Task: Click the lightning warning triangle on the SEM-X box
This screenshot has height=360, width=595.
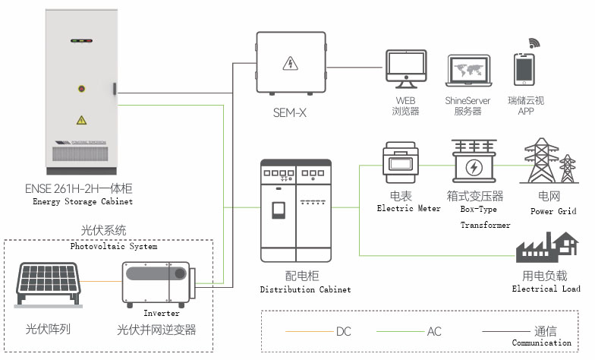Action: point(290,64)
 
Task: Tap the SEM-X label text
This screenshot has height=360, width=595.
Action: point(290,112)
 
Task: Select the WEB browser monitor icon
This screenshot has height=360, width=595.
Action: point(406,68)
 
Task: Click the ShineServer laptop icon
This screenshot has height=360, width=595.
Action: point(468,71)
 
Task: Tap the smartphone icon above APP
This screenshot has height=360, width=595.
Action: point(524,70)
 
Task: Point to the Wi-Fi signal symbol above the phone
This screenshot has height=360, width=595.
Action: point(534,43)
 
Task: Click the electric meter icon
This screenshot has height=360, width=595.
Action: point(401,163)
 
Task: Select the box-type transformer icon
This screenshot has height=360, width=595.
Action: point(474,161)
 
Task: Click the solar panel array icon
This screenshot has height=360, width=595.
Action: point(49,285)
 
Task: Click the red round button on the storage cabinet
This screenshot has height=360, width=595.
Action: point(81,89)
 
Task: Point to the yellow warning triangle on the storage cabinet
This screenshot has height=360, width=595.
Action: point(81,120)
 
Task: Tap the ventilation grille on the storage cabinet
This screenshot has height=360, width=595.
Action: point(80,153)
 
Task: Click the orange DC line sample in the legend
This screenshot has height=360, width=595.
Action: point(310,331)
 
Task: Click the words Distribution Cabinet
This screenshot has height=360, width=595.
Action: point(305,289)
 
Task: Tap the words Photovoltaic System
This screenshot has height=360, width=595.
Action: point(114,246)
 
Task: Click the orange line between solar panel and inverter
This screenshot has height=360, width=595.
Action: point(101,281)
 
